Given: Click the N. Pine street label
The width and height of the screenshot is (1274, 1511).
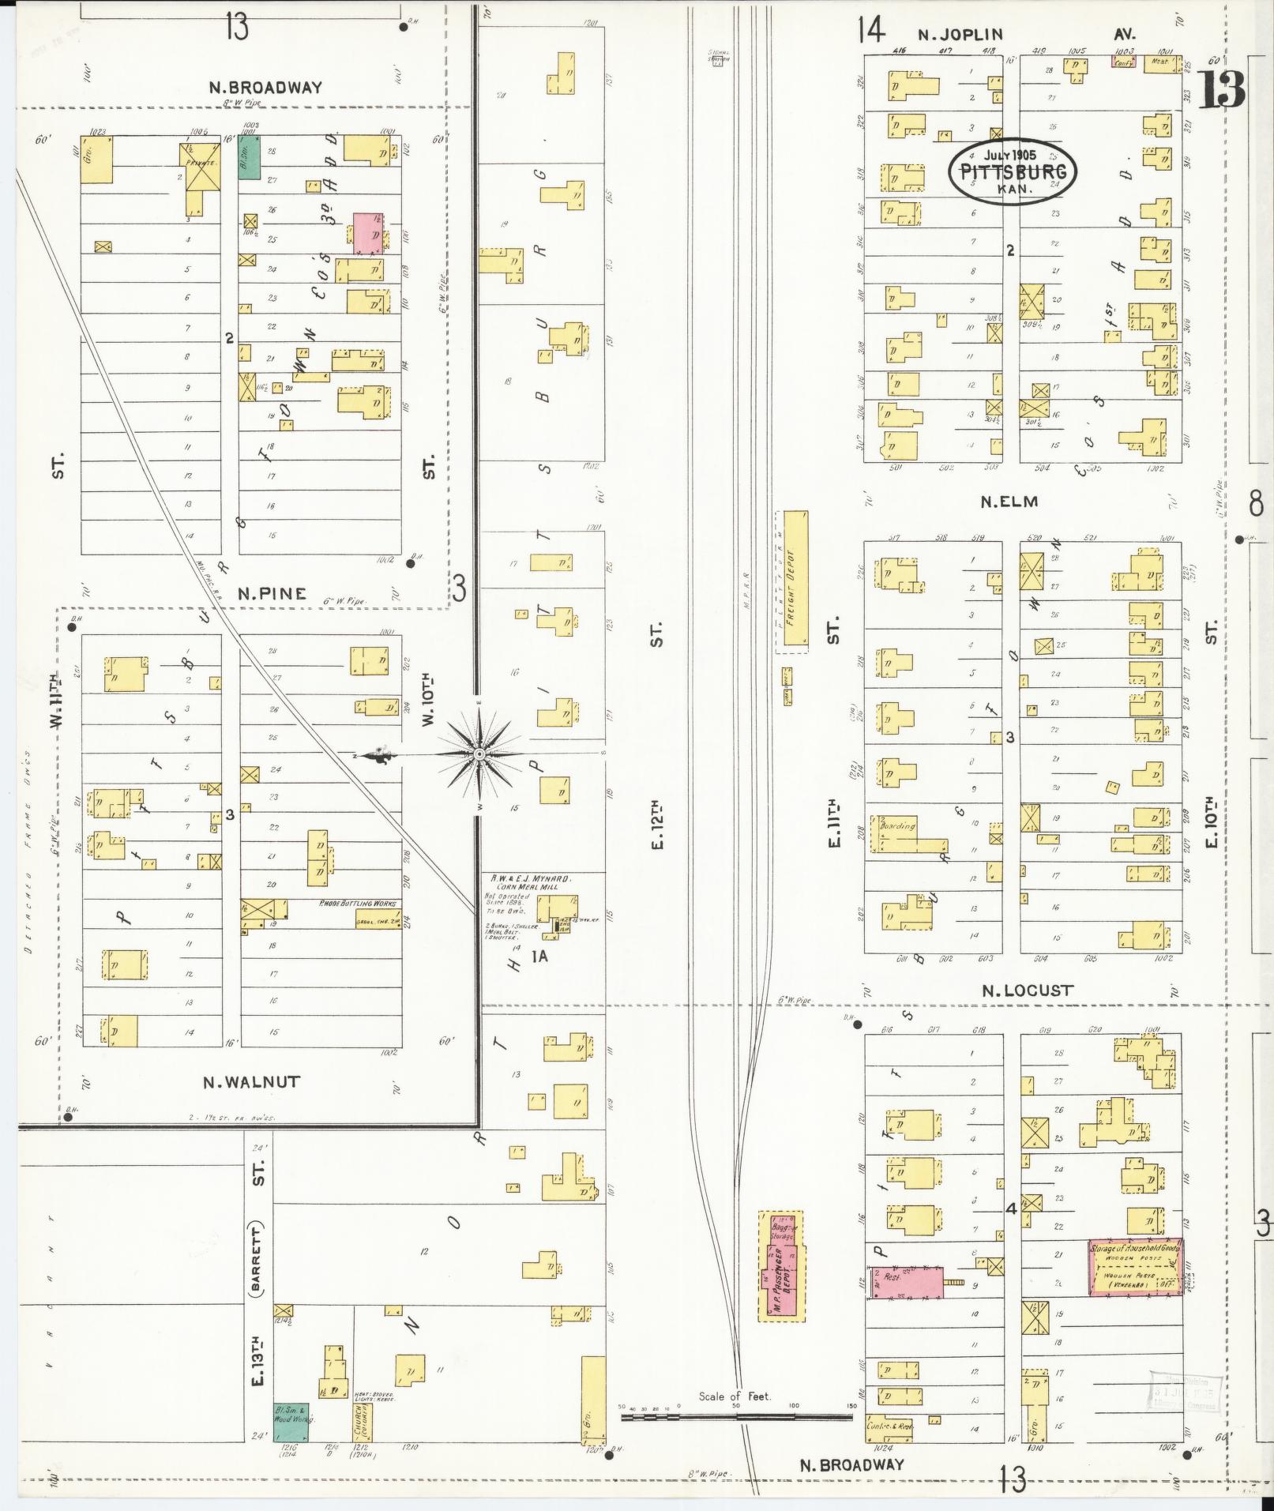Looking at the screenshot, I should (x=272, y=593).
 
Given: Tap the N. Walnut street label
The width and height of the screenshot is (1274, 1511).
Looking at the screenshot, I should (x=252, y=1081).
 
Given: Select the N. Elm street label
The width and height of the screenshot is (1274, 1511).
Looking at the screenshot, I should (x=1009, y=501).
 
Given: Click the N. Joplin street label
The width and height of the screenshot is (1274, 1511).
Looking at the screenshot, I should (x=960, y=35).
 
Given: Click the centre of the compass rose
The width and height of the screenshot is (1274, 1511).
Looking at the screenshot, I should (x=479, y=755).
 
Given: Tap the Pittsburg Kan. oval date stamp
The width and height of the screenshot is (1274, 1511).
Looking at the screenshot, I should (x=1013, y=171).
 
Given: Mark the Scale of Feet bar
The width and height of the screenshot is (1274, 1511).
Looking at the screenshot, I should (x=736, y=1417).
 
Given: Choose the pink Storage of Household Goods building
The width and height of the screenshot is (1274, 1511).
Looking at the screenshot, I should (x=1135, y=1266).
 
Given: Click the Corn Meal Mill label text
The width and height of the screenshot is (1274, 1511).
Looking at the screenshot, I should (x=535, y=885).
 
